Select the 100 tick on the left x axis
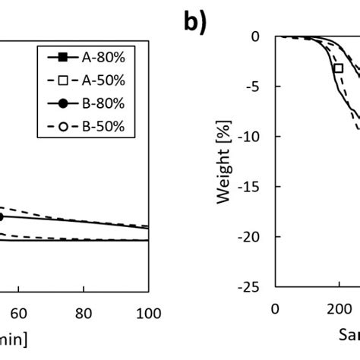click(x=149, y=314)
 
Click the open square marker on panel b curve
click(x=339, y=68)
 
